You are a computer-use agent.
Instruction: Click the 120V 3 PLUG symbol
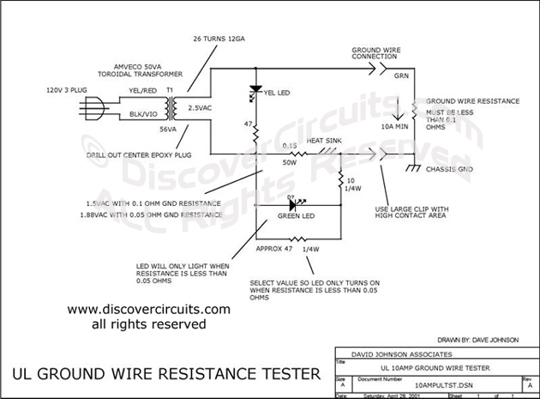click(91, 108)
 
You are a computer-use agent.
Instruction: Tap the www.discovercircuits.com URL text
click(147, 309)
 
